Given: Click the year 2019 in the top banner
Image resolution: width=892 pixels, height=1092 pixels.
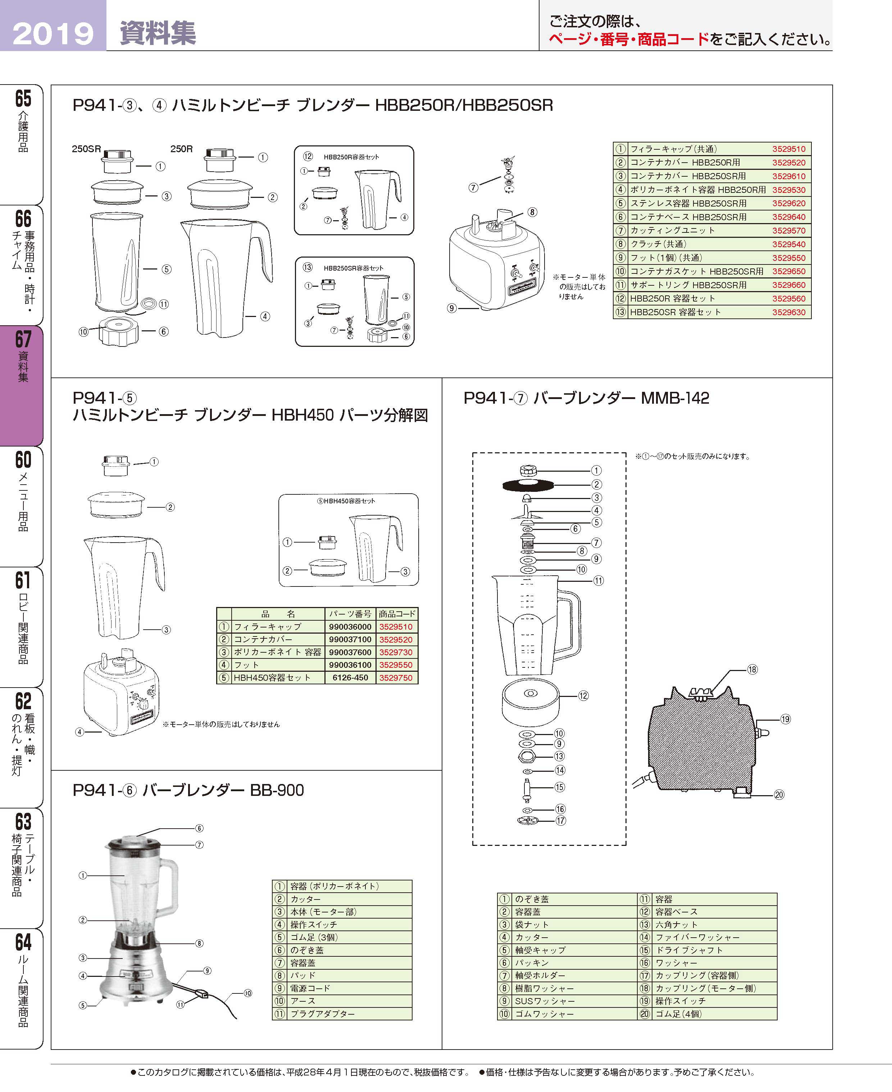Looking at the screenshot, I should coord(53,33).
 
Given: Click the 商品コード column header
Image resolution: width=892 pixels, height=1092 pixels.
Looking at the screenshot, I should coord(397,613).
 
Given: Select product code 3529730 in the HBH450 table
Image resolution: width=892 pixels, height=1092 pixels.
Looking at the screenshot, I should coord(396,652).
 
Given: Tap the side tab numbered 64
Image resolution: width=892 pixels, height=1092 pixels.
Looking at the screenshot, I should coord(23,942).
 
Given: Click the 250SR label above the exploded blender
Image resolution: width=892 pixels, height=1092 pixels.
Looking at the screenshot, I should coord(86,149).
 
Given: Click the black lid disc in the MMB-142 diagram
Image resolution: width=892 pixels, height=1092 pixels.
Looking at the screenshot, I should coord(527,485).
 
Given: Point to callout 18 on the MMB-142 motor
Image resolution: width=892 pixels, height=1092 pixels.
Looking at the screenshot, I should coord(752,670).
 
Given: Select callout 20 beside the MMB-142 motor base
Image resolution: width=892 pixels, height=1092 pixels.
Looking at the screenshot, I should coord(779,794).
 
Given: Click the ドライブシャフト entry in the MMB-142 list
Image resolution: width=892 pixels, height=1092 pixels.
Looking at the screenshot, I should coord(688,950).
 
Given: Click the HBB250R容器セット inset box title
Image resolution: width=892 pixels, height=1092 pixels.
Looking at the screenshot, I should coord(351,157).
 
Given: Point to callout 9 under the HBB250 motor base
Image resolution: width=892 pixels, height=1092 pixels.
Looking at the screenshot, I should coord(452,308).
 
